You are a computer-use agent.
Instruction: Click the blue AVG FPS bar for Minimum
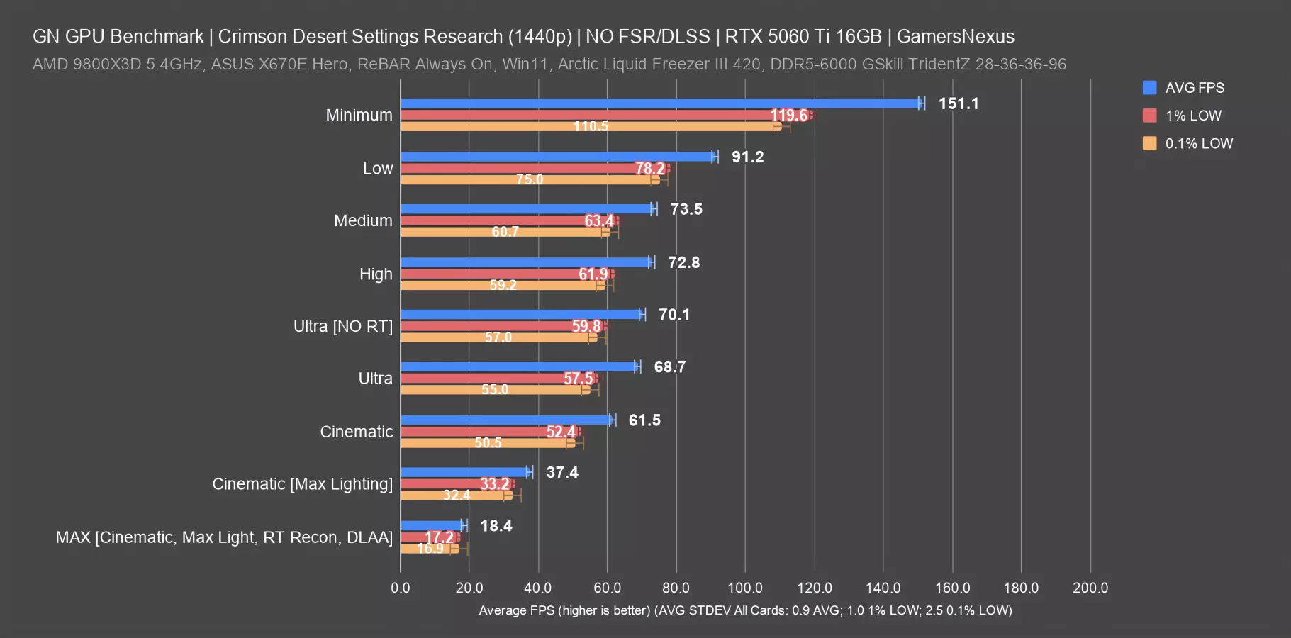[x=659, y=103]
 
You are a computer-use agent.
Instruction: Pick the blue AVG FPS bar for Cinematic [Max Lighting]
[x=464, y=472]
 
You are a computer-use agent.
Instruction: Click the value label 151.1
[x=959, y=103]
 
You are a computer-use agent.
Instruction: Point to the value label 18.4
[x=496, y=526]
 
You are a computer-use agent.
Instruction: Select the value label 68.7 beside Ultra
[x=670, y=367]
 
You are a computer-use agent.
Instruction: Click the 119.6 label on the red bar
[x=788, y=115]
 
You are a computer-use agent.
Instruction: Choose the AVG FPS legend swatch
[x=1150, y=88]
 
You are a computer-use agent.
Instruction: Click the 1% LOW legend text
[x=1193, y=116]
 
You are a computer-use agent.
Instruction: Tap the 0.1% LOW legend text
[x=1199, y=143]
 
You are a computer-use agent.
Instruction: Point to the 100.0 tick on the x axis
[x=745, y=588]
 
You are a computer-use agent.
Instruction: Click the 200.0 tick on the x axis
[x=1090, y=588]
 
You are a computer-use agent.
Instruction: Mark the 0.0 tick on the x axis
[x=401, y=588]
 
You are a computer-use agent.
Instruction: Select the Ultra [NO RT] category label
[x=343, y=326]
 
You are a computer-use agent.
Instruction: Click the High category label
[x=376, y=274]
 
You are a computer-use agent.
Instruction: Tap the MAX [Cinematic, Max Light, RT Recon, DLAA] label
[x=224, y=537]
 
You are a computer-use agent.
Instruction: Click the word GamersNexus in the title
[x=956, y=36]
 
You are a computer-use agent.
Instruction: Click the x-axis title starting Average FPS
[x=745, y=610]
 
